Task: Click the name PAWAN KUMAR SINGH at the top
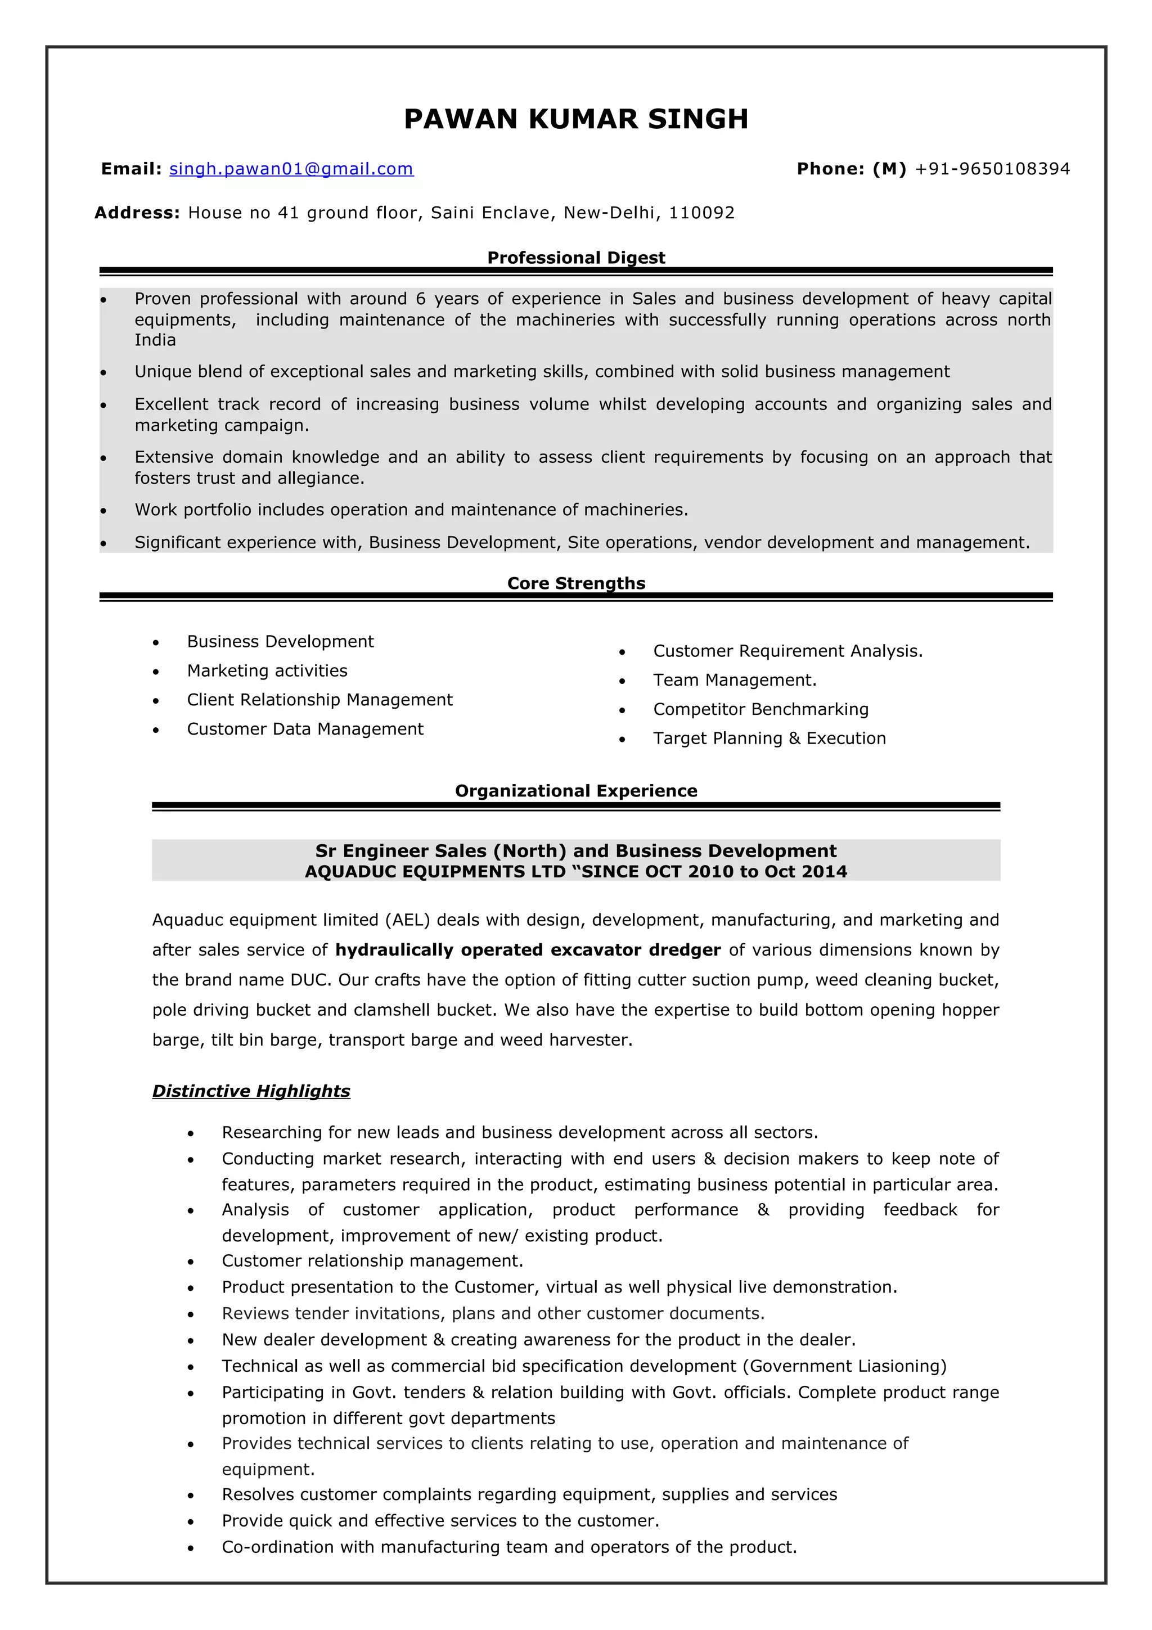pos(575,119)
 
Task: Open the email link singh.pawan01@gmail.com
pos(291,169)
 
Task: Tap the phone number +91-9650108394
pos(992,169)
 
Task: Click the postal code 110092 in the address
pos(701,213)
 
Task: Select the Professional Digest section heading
pos(575,258)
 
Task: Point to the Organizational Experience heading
pos(575,791)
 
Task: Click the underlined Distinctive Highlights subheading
pos(251,1091)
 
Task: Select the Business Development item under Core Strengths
pos(280,642)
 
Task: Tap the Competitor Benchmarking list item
pos(761,709)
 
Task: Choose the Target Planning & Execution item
pos(769,739)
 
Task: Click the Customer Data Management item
pos(305,729)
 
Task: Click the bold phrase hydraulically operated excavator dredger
pos(528,950)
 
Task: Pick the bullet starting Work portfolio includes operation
pos(412,510)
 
